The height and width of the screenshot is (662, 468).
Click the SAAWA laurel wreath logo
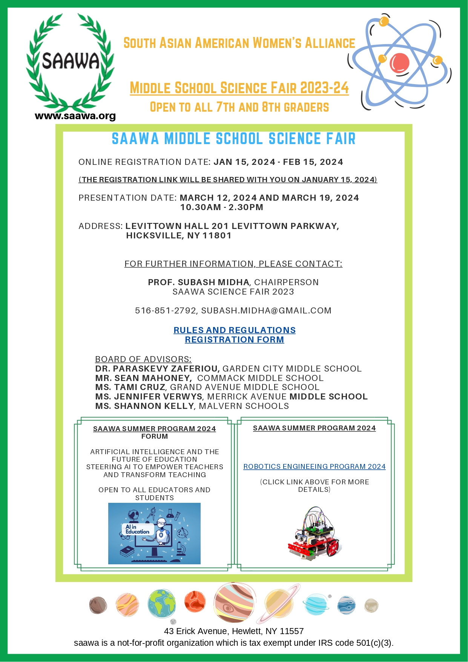70,62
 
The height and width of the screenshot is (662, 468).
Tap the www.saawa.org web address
75,116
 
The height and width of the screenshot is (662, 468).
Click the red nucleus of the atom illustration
399,63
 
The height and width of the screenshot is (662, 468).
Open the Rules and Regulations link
234,330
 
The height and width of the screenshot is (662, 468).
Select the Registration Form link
234,339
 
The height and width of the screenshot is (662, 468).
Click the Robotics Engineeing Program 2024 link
314,467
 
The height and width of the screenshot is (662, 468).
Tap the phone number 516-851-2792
166,310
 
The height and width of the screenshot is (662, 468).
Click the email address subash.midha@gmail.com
266,310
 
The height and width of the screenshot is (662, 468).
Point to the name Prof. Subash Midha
198,282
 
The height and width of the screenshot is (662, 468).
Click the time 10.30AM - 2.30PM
222,207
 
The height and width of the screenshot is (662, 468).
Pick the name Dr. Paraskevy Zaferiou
157,369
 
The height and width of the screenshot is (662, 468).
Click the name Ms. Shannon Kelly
144,406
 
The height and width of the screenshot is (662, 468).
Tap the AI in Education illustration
154,533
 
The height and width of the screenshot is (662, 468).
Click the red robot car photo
315,532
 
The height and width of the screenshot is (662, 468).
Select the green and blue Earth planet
161,604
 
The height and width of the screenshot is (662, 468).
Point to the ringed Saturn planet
279,603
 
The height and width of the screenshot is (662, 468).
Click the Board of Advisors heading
143,359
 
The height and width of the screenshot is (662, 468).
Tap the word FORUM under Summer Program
155,436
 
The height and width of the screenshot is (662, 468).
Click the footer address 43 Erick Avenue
234,631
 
